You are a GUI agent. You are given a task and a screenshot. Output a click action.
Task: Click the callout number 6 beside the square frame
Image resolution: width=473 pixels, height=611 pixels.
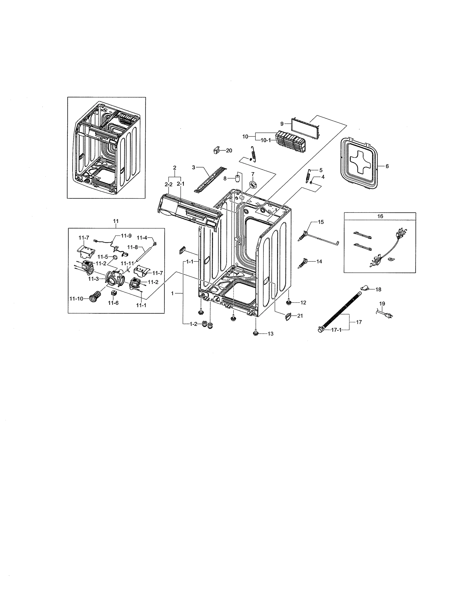(387, 166)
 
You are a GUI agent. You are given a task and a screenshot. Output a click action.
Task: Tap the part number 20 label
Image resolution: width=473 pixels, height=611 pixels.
(229, 150)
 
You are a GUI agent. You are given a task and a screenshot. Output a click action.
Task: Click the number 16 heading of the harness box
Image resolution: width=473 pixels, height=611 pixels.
(380, 216)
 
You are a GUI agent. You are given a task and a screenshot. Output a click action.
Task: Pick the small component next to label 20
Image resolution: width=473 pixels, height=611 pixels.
(216, 150)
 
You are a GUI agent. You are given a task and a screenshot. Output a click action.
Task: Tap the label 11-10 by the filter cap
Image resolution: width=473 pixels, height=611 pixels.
(76, 299)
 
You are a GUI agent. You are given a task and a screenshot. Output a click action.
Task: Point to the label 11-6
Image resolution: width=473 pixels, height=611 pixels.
(113, 303)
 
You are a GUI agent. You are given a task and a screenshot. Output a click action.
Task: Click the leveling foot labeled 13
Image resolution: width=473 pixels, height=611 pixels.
(255, 333)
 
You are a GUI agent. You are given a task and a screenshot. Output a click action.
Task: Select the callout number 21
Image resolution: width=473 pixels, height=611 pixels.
(300, 316)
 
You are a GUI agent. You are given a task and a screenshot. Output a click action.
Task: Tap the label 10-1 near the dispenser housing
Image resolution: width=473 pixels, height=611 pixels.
(265, 141)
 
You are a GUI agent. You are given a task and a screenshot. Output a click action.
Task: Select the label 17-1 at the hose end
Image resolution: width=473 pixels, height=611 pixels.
(336, 330)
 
